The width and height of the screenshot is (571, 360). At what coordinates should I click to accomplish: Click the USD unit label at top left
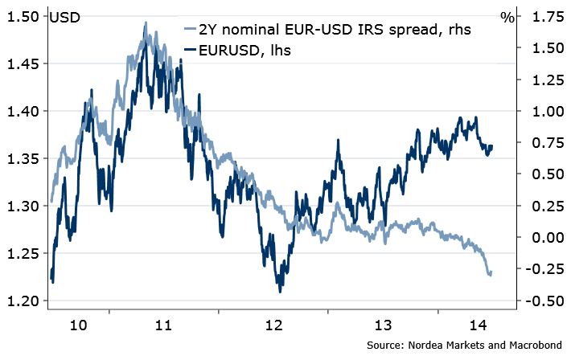tap(64, 16)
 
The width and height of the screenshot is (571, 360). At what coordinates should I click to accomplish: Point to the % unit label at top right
tap(507, 16)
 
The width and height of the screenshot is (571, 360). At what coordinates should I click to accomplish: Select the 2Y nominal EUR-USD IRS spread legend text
tap(335, 30)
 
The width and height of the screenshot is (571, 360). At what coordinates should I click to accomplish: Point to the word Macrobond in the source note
tap(536, 345)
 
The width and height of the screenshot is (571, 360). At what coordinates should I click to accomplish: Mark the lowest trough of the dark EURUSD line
tap(280, 292)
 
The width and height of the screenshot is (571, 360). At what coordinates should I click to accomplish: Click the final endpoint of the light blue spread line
tap(491, 274)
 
